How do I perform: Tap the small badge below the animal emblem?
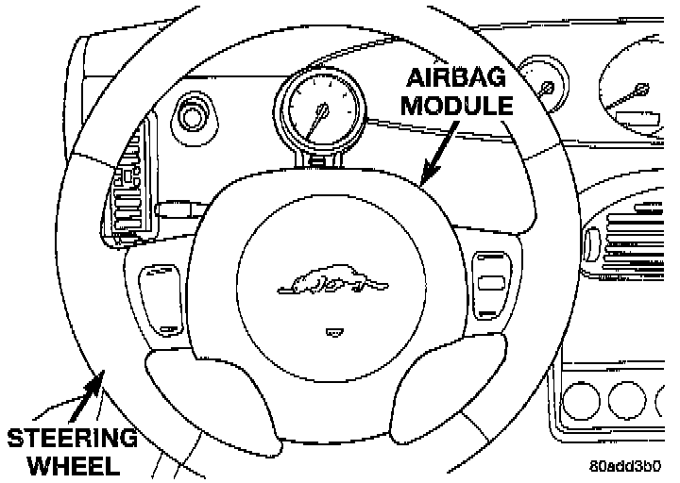click(x=331, y=331)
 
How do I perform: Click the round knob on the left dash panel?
click(x=195, y=116)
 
